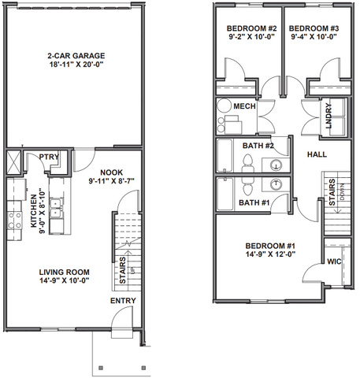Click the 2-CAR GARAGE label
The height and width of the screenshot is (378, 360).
[x=76, y=56]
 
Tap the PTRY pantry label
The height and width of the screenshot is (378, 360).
[x=49, y=157]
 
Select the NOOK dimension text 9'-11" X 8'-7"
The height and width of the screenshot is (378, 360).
[x=112, y=181]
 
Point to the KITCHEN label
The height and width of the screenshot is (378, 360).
[x=34, y=211]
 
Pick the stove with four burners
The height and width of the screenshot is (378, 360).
[x=15, y=220]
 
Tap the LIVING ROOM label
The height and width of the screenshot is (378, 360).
[x=65, y=272]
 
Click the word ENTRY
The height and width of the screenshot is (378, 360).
[x=123, y=301]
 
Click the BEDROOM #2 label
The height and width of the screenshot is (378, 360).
[x=252, y=28]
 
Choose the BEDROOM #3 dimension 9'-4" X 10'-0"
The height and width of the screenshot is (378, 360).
[x=314, y=37]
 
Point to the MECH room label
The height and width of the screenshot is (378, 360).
[x=244, y=106]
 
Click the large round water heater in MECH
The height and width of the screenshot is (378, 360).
[x=224, y=106]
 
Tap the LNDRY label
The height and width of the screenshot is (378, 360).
[x=328, y=116]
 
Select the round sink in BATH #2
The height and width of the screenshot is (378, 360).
[x=276, y=165]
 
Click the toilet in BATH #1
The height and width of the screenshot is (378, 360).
[x=247, y=187]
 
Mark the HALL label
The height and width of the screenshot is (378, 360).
[x=317, y=154]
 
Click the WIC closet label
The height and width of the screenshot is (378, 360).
[x=334, y=261]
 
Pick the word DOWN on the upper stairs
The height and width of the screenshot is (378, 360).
[x=342, y=192]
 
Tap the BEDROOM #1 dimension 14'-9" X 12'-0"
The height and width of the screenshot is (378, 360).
[x=270, y=254]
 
